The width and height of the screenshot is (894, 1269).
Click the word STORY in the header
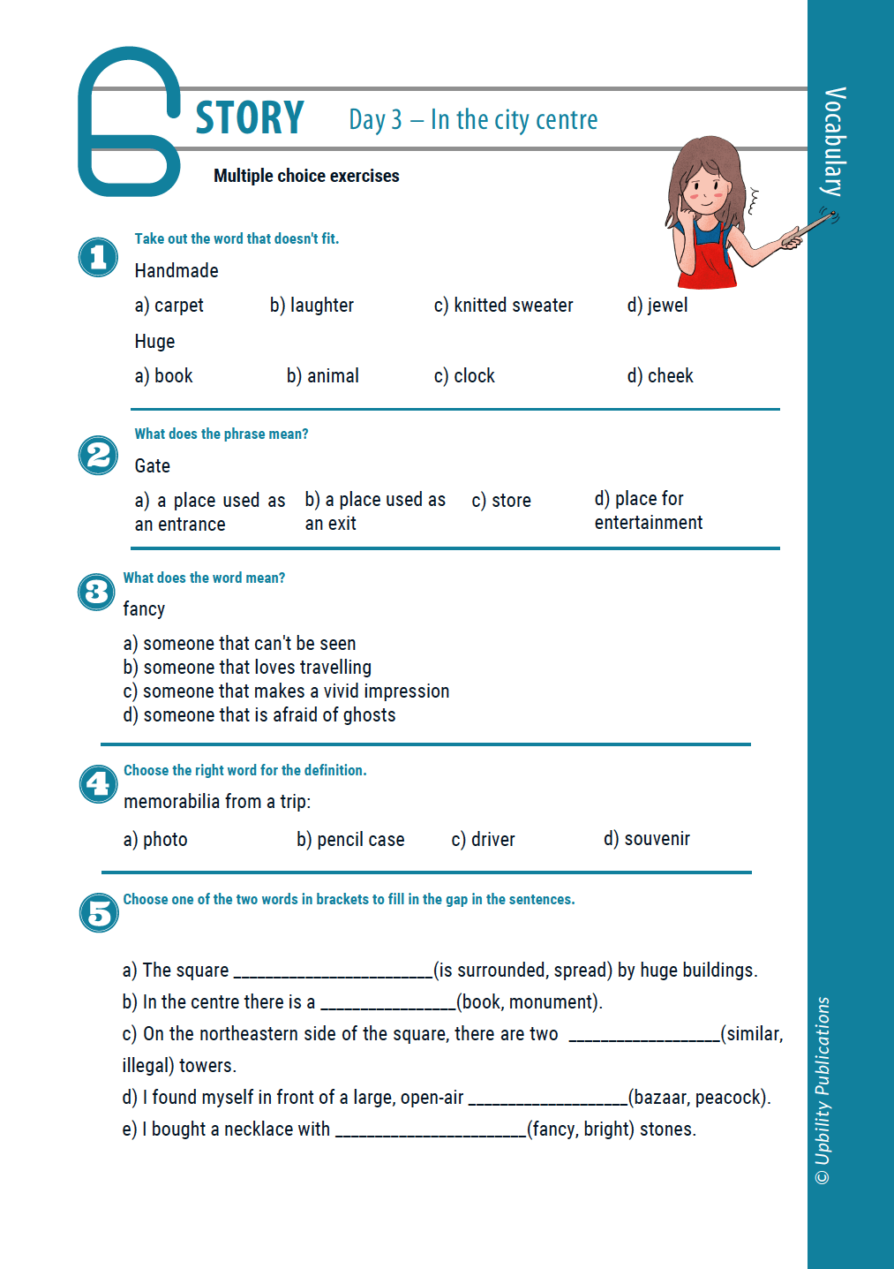[x=250, y=118]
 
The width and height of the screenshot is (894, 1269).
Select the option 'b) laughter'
[x=312, y=306]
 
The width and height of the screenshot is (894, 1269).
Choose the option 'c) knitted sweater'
[x=503, y=306]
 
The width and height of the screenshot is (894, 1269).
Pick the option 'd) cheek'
[x=660, y=376]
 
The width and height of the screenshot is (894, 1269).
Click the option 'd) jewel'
[x=657, y=306]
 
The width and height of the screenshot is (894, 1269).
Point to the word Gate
[x=153, y=466]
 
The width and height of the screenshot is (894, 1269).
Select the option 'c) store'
[x=501, y=501]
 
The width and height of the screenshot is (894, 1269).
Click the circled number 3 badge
[x=96, y=592]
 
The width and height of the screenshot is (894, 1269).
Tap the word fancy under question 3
[x=144, y=609]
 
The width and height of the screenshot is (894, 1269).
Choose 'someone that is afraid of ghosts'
[x=259, y=715]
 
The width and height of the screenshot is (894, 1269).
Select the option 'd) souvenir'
[x=647, y=839]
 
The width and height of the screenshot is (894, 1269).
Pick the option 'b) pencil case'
[x=350, y=840]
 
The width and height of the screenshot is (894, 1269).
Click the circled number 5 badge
[x=98, y=912]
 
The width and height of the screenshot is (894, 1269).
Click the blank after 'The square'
[x=333, y=971]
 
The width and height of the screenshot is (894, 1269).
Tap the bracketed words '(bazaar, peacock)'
[x=699, y=1098]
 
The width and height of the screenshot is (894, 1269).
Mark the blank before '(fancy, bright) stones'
[x=431, y=1129]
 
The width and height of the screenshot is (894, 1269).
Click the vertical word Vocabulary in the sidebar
[x=834, y=141]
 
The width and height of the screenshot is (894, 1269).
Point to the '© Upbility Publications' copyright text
[x=823, y=1091]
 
